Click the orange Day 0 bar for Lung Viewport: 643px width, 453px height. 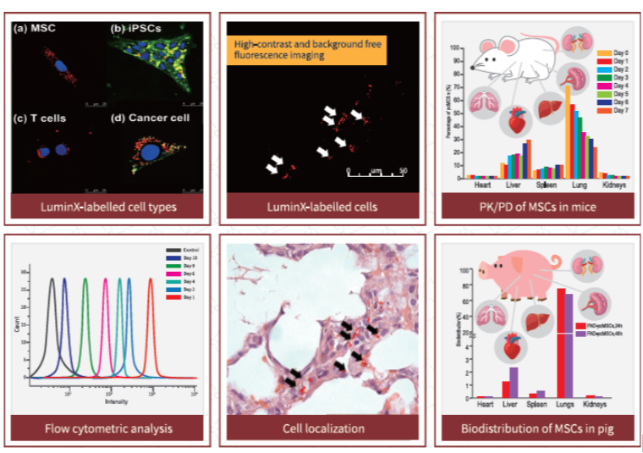(567, 131)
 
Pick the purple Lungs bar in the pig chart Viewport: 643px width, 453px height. (569, 344)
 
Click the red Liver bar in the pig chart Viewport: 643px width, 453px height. (506, 389)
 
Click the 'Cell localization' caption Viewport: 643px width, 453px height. (323, 428)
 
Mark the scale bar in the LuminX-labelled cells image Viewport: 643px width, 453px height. (376, 174)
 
